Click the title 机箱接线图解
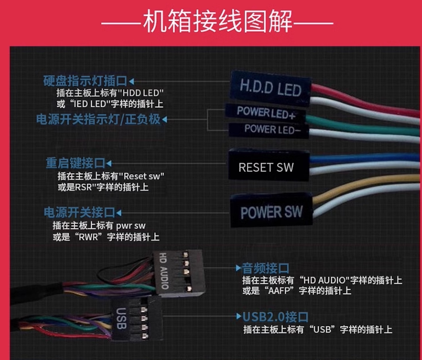pyautogui.click(x=218, y=21)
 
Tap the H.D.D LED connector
pyautogui.click(x=271, y=88)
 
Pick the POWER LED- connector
pyautogui.click(x=268, y=130)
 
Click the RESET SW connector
pyautogui.click(x=269, y=164)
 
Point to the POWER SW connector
pyautogui.click(x=271, y=210)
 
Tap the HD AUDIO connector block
pyautogui.click(x=178, y=272)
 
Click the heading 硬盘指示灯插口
pyautogui.click(x=85, y=80)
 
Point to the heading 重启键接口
pyautogui.click(x=76, y=163)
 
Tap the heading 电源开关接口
pyautogui.click(x=80, y=212)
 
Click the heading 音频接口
pyautogui.click(x=266, y=268)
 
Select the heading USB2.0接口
pyautogui.click(x=275, y=317)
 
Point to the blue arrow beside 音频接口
pyautogui.click(x=238, y=268)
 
